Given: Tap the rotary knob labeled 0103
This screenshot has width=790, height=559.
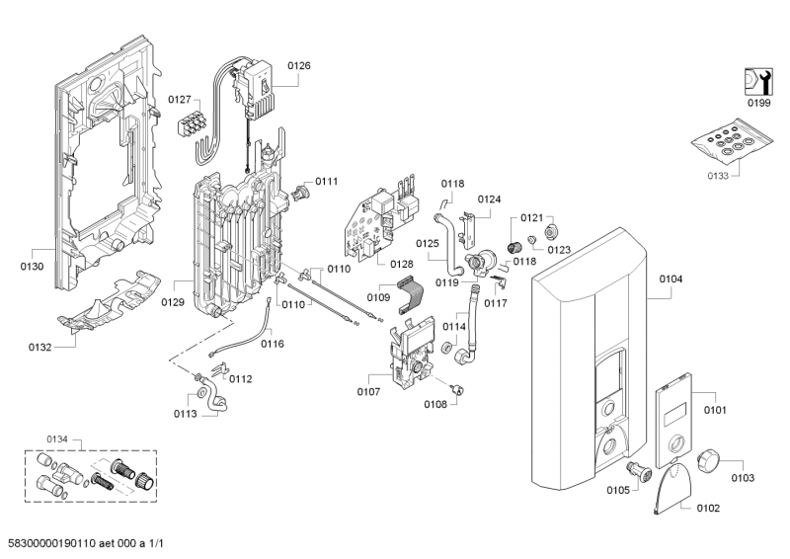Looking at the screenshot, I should pyautogui.click(x=709, y=460).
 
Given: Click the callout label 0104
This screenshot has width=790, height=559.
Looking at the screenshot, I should pyautogui.click(x=671, y=280).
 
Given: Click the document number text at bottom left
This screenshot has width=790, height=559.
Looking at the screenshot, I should pyautogui.click(x=96, y=543).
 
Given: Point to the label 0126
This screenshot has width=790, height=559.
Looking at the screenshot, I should pyautogui.click(x=298, y=65).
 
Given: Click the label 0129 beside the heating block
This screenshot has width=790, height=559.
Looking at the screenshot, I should pyautogui.click(x=173, y=302).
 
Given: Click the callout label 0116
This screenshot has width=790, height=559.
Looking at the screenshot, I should pyautogui.click(x=272, y=344).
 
